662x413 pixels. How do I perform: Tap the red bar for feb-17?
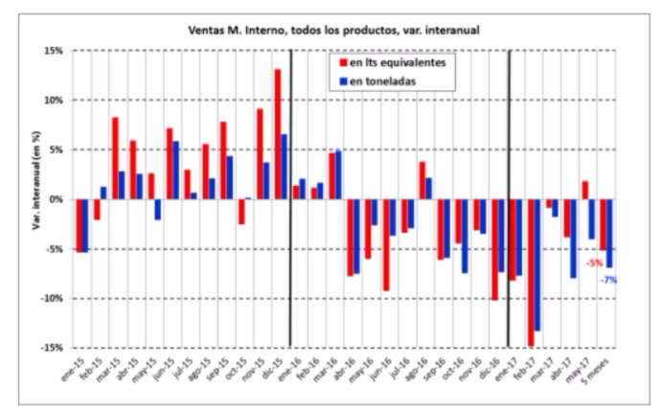tap(531, 272)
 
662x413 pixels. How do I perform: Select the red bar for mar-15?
tap(115, 158)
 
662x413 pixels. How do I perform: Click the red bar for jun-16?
tap(385, 244)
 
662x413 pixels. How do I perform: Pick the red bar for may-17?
tap(584, 190)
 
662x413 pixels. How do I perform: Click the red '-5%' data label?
tap(595, 263)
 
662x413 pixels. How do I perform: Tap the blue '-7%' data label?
tap(608, 280)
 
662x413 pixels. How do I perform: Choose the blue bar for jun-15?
tap(176, 171)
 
